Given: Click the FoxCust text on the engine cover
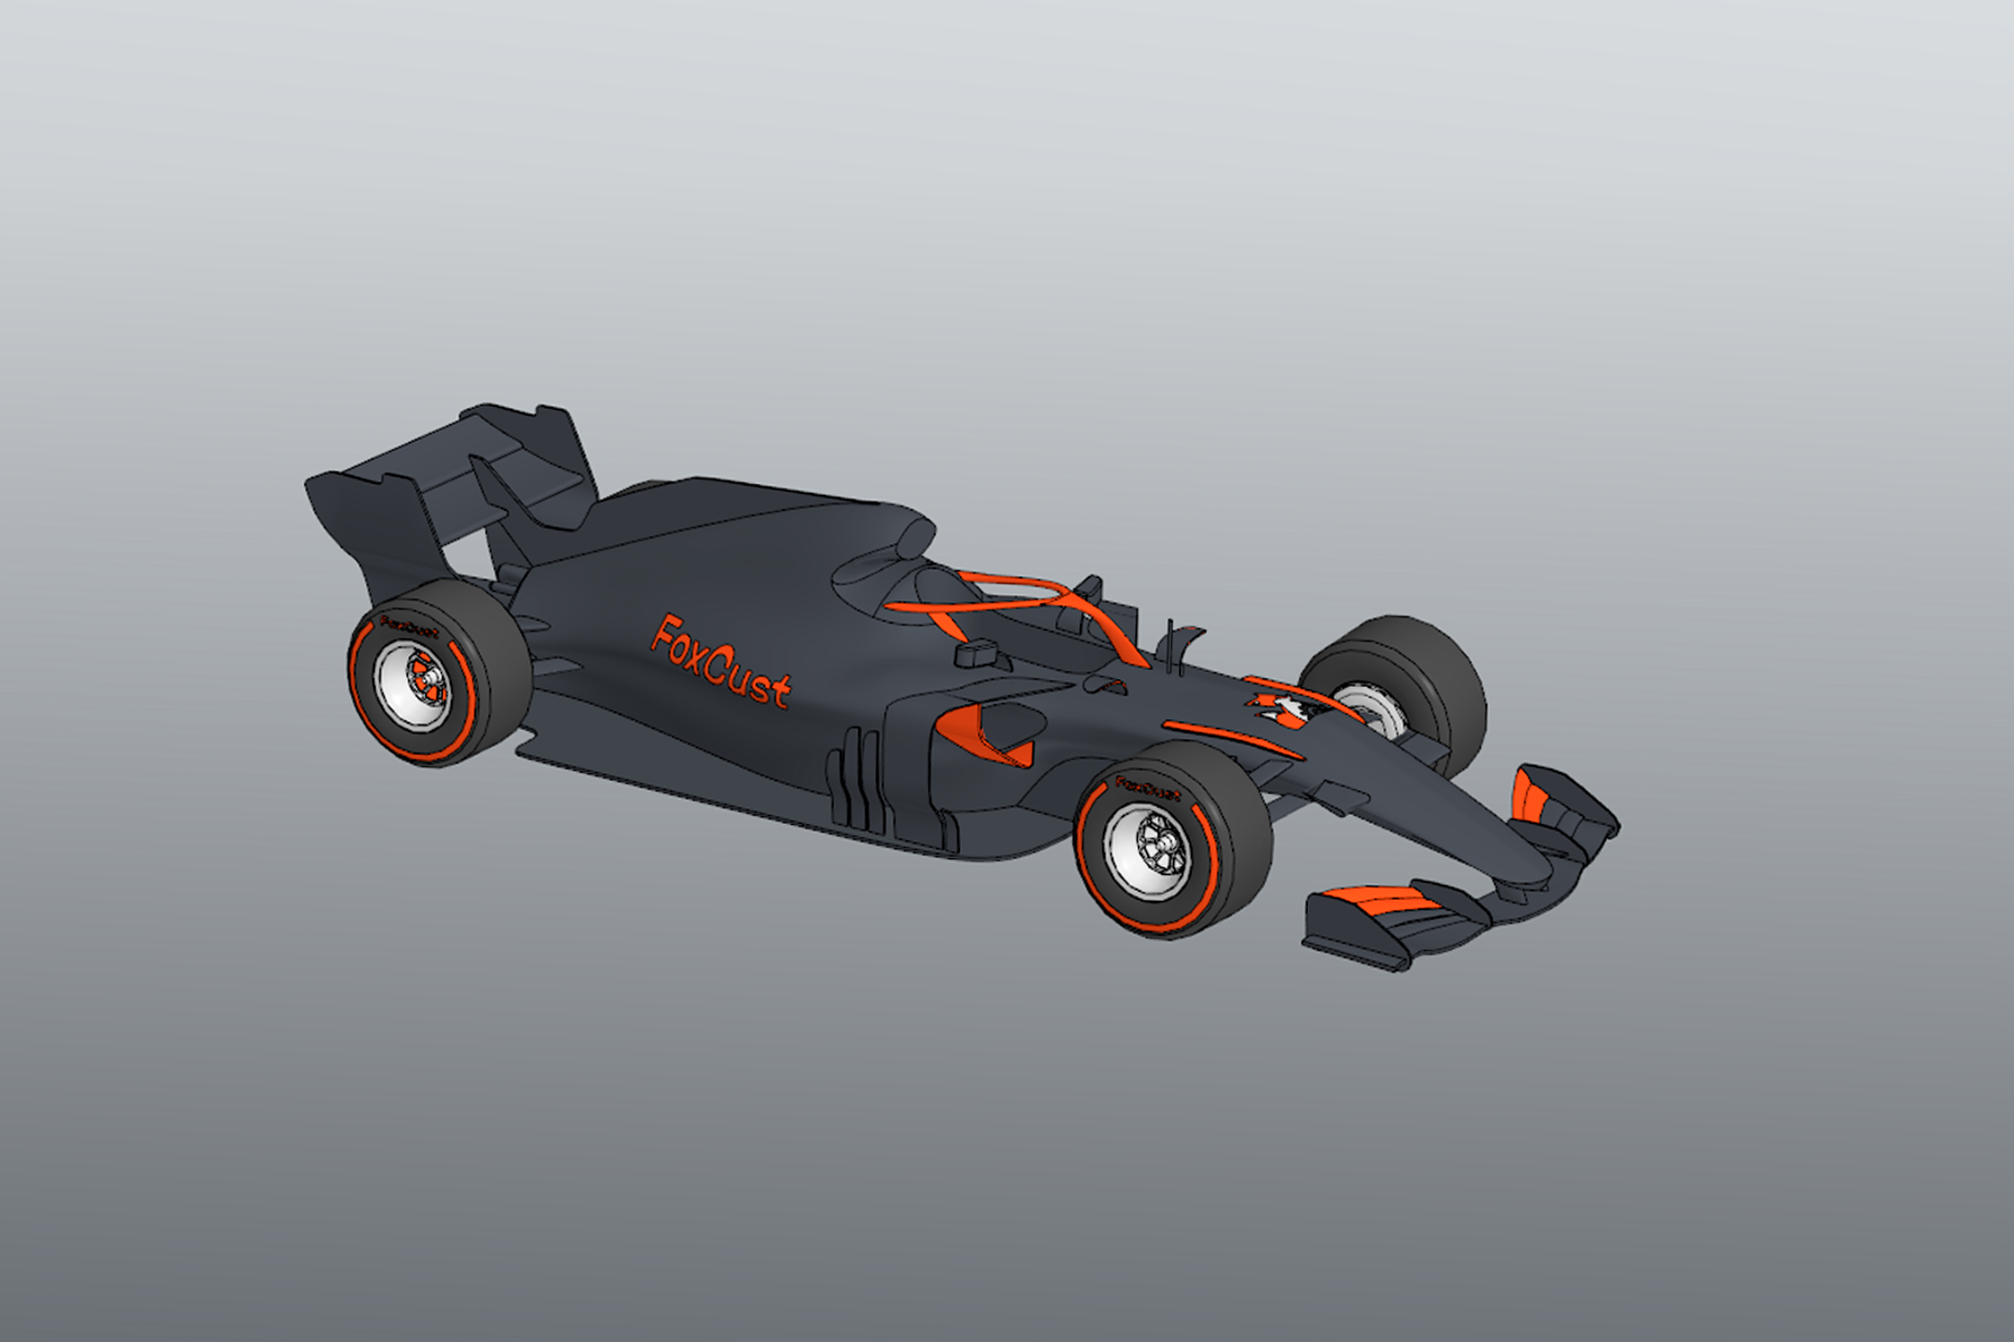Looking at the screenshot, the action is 721,662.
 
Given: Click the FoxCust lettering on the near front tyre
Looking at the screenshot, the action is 1148,787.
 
